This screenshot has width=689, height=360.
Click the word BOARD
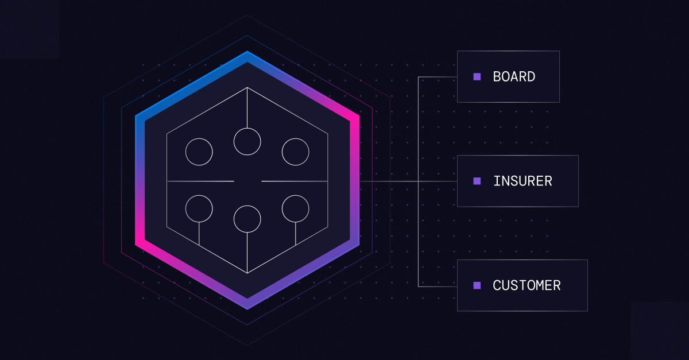[x=514, y=76]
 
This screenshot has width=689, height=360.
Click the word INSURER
[x=522, y=181]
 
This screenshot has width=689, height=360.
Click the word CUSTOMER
[x=527, y=285]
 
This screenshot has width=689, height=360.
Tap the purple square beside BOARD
[x=477, y=76]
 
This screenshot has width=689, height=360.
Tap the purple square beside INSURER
[x=477, y=181]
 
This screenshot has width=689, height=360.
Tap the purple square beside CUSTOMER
[x=477, y=285]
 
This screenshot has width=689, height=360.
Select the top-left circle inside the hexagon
[x=199, y=152]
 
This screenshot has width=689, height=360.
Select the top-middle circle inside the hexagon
[x=247, y=141]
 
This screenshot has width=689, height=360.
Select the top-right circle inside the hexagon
[x=296, y=152]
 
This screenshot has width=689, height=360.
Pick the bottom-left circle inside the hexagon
[x=199, y=208]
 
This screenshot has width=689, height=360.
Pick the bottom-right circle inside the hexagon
[x=296, y=208]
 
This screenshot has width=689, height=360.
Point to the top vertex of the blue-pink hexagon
[x=247, y=55]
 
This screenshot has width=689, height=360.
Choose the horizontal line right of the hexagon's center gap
[x=295, y=181]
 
